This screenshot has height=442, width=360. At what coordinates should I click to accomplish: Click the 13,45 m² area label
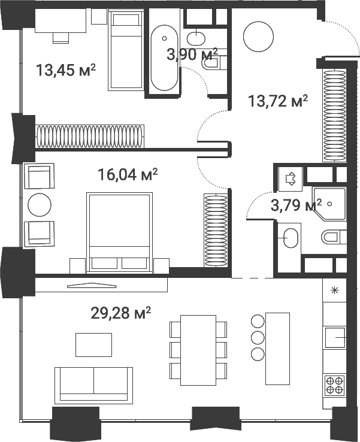[x=66, y=71]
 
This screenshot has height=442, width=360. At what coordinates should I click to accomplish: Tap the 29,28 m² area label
[x=119, y=313]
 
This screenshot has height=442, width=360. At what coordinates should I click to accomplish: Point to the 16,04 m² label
[x=128, y=174]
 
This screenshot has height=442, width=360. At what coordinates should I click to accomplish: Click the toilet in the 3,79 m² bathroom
[x=334, y=237]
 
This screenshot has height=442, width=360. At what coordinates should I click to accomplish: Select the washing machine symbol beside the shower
[x=291, y=177]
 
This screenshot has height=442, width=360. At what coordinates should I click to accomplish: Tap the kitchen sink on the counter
[x=335, y=338]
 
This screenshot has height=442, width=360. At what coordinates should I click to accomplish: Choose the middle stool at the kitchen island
[x=258, y=337]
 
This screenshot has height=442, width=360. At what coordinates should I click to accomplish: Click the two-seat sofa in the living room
[x=93, y=385]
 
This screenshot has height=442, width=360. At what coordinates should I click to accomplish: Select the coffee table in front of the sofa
[x=93, y=344]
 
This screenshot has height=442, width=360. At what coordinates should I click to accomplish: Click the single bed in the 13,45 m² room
[x=125, y=52]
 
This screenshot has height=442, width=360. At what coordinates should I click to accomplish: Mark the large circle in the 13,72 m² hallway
[x=258, y=37]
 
